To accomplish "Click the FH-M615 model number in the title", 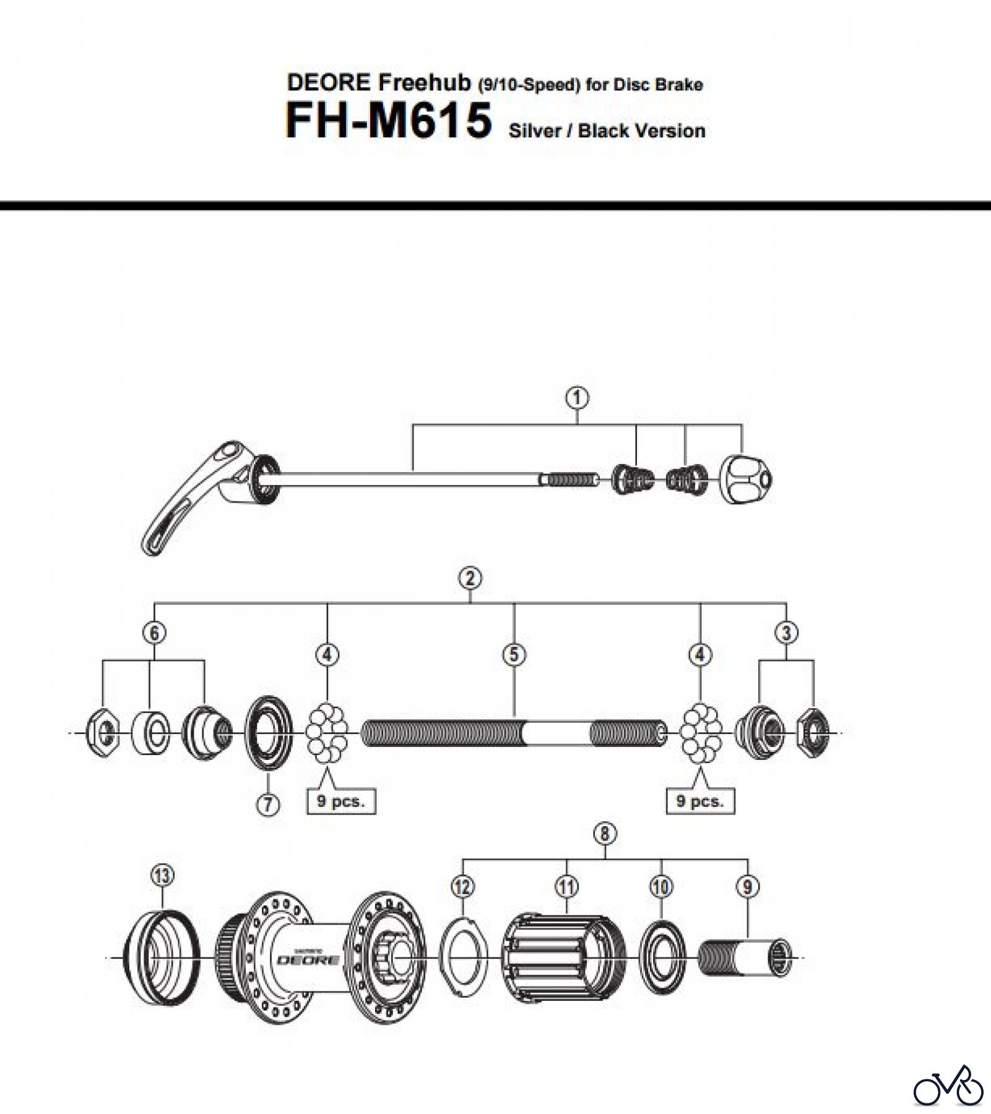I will click(388, 121).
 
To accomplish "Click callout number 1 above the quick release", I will click(577, 398).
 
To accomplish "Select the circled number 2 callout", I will click(470, 578).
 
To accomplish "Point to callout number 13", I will click(162, 875).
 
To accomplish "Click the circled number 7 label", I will click(267, 805).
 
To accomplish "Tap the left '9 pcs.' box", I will click(341, 801).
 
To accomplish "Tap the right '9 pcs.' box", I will click(700, 801).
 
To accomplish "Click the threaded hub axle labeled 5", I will click(514, 734).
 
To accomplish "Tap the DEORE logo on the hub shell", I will click(308, 960).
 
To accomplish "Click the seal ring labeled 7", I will click(269, 733).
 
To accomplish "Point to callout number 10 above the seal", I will click(660, 887).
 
